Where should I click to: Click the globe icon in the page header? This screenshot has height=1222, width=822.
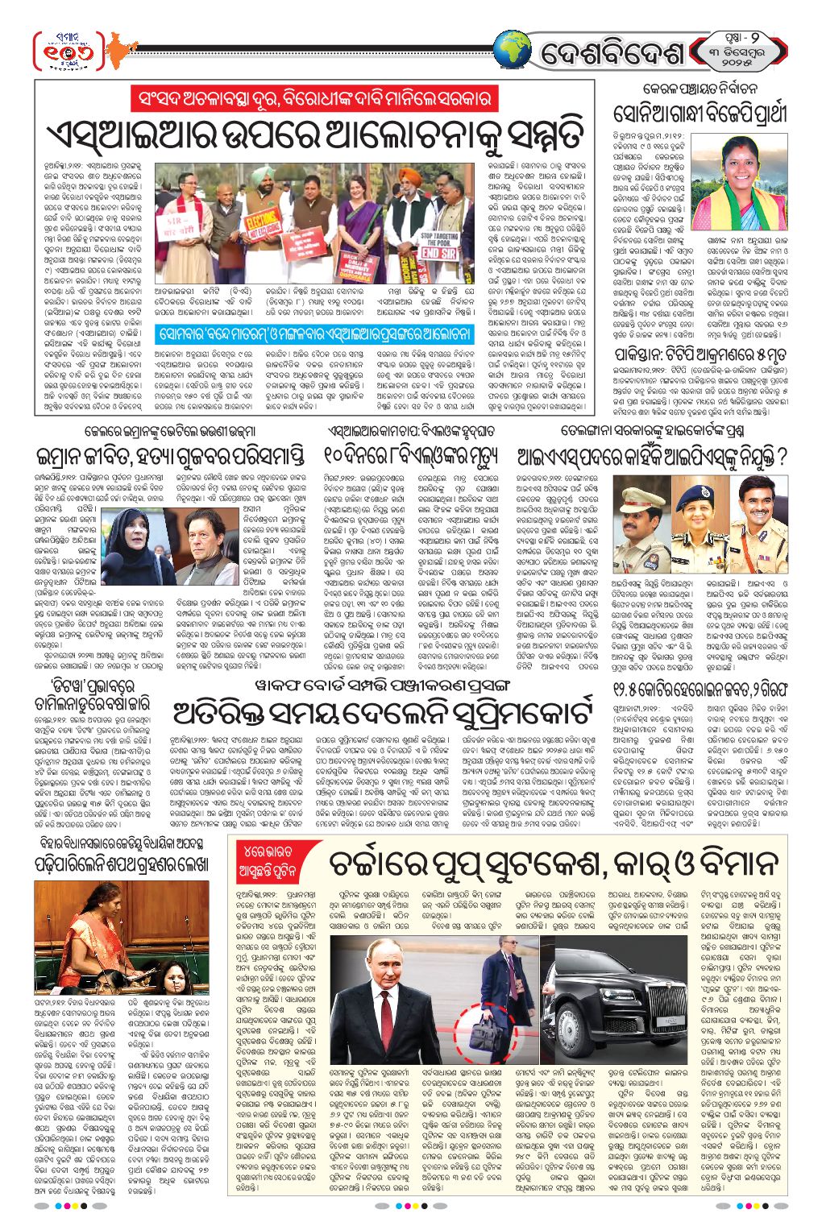click(513, 52)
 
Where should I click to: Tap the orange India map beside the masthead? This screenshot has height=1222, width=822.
click(118, 52)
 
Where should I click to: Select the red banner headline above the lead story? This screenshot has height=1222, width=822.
click(313, 99)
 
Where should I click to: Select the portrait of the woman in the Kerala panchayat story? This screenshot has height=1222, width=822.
click(727, 182)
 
